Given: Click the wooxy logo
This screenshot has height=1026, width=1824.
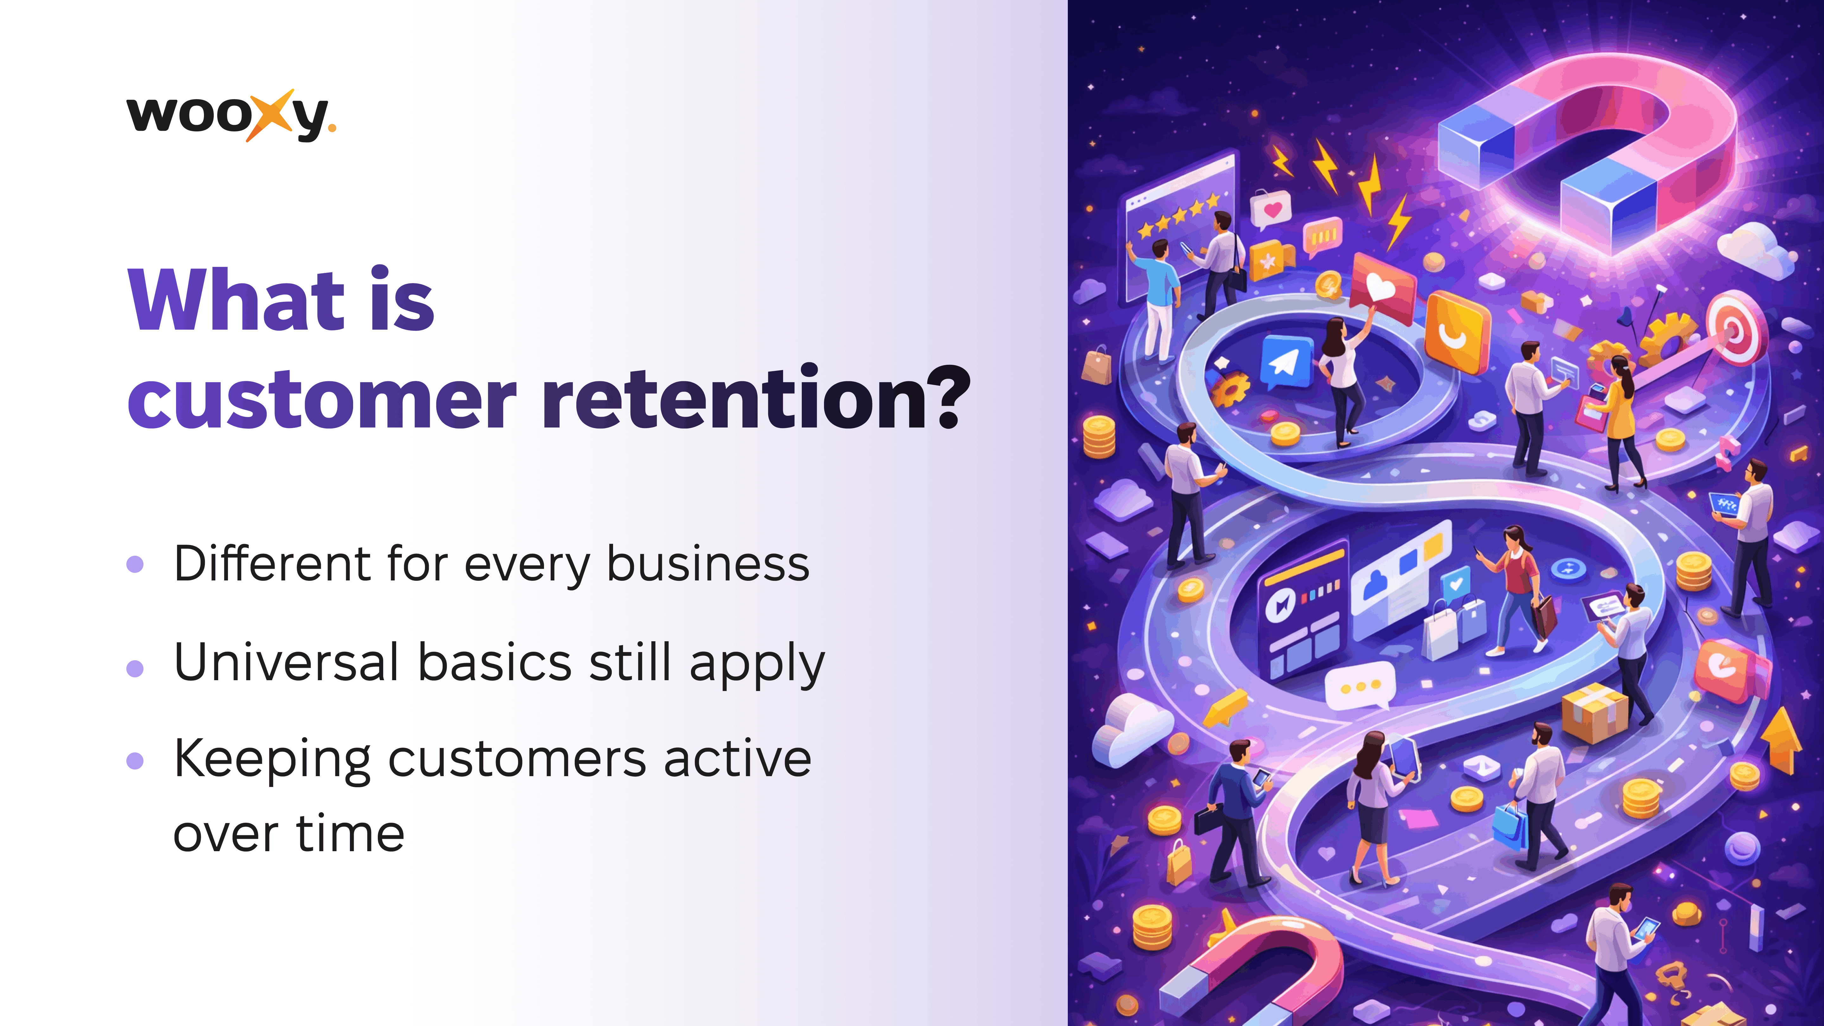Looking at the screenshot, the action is click(231, 115).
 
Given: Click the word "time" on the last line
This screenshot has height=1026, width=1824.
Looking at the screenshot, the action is click(350, 833).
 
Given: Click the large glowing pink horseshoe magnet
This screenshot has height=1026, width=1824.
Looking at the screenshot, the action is click(1586, 152).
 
